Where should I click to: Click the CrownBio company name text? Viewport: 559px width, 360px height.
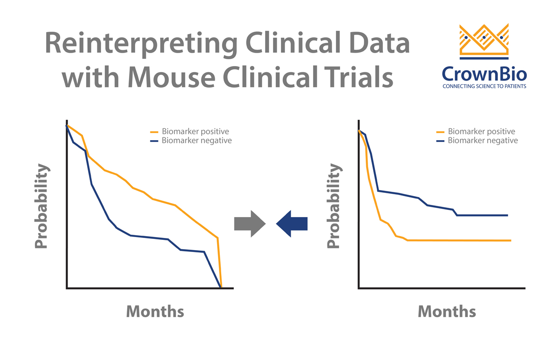pos(484,74)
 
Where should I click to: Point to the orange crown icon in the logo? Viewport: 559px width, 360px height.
pos(484,41)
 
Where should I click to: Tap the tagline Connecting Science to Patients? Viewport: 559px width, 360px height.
pos(484,87)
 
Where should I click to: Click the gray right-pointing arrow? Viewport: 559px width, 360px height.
pos(250,224)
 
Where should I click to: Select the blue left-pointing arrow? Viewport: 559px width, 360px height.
pos(292,224)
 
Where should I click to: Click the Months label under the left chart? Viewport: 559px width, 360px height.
pos(155,311)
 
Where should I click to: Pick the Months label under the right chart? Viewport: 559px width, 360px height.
pos(447,311)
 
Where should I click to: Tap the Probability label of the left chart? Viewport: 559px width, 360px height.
pos(41,206)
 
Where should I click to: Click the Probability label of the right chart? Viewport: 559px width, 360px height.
pos(333,206)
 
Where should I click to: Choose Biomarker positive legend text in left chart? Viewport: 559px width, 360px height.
pos(195,132)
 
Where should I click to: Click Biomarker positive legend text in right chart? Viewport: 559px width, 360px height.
pos(481,132)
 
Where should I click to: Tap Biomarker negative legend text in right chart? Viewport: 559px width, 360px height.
pos(483,141)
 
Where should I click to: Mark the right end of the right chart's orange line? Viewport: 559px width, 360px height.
pos(511,240)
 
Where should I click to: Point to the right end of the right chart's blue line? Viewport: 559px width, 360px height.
pos(507,215)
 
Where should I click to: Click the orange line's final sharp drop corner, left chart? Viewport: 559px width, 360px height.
pos(218,238)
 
